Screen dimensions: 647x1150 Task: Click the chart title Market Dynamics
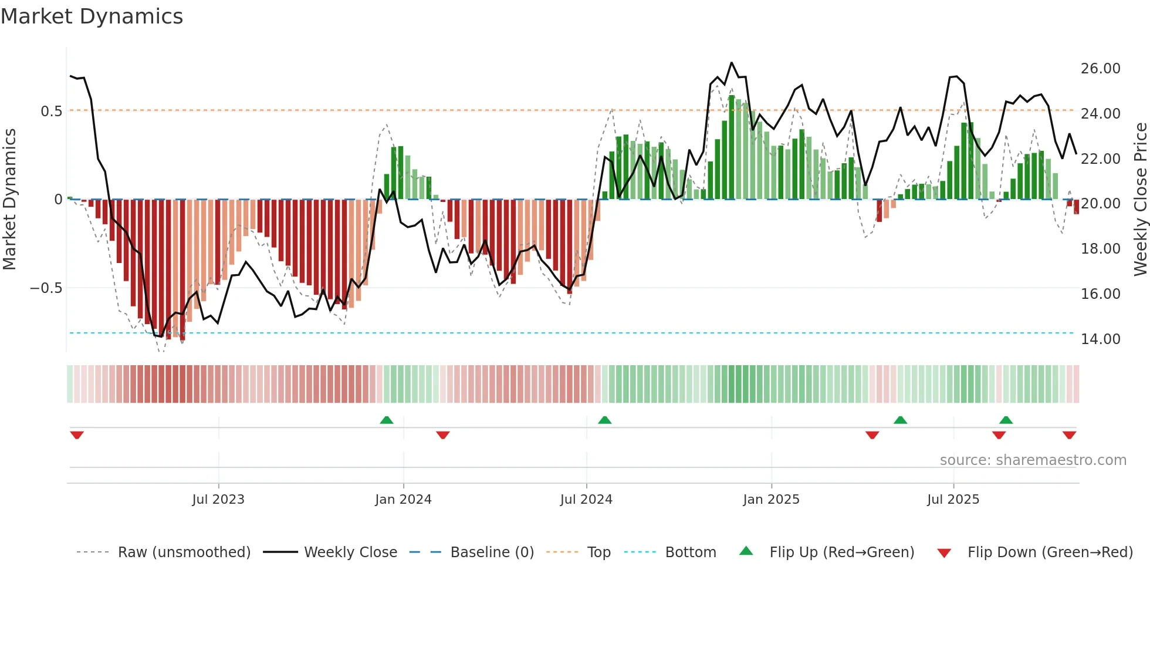pyautogui.click(x=92, y=16)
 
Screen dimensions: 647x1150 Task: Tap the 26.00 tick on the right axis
pyautogui.click(x=1100, y=69)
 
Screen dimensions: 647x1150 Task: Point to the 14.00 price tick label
pyautogui.click(x=1100, y=339)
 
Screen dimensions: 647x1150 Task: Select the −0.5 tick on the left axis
pyautogui.click(x=46, y=288)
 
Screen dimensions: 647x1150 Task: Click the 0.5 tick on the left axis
pyautogui.click(x=51, y=112)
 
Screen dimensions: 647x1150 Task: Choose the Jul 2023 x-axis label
pyautogui.click(x=218, y=500)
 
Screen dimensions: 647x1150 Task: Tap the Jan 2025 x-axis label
pyautogui.click(x=770, y=500)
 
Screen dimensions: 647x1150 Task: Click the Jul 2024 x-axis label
pyautogui.click(x=586, y=500)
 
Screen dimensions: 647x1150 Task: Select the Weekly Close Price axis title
pyautogui.click(x=1140, y=200)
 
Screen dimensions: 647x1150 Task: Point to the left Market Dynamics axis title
pyautogui.click(x=9, y=200)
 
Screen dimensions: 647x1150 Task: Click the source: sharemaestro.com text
pyautogui.click(x=1033, y=460)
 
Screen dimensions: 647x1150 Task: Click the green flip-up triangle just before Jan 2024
pyautogui.click(x=386, y=420)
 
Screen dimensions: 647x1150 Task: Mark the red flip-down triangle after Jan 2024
pyautogui.click(x=443, y=435)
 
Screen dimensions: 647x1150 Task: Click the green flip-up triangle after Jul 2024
pyautogui.click(x=604, y=420)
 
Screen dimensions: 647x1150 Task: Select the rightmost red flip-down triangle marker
pyautogui.click(x=1069, y=435)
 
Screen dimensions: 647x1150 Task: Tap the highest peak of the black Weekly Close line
pyautogui.click(x=731, y=63)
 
